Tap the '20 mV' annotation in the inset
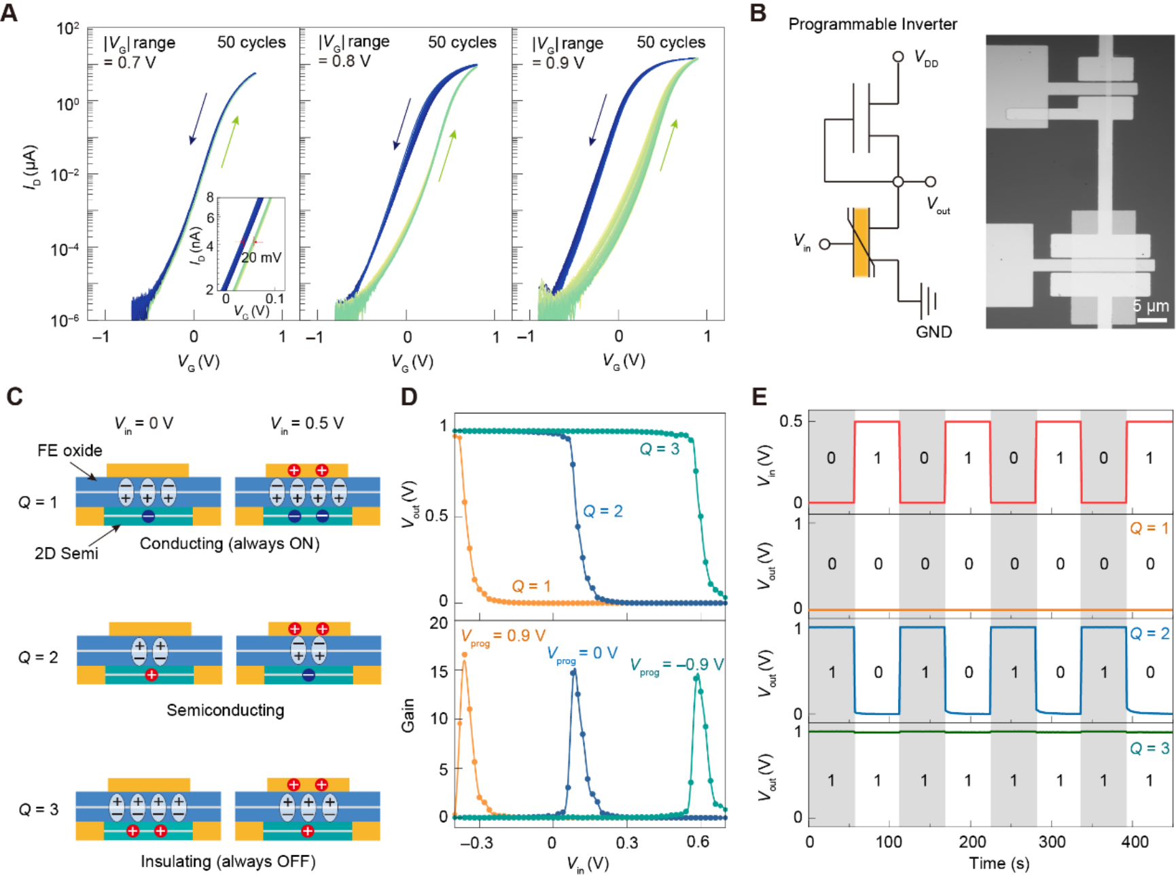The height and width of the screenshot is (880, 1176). point(262,258)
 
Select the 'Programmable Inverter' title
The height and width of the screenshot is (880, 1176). point(872,24)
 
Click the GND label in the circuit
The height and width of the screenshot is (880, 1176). point(933,332)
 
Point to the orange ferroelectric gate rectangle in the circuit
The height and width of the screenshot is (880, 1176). point(861,243)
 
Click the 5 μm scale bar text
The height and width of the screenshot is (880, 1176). point(1150,306)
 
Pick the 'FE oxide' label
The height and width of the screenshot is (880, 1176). point(69,451)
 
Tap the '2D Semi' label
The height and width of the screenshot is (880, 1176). point(67,554)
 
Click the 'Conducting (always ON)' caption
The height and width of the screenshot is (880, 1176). point(230,544)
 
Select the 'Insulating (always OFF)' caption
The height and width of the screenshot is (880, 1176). point(228,862)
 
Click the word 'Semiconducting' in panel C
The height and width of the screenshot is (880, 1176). point(225,710)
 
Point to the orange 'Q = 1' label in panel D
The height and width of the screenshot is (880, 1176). point(531,586)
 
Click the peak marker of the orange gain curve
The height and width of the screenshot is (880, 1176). point(465,655)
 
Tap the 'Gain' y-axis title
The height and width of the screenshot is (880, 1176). point(408,716)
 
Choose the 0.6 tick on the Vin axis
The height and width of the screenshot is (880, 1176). point(698,843)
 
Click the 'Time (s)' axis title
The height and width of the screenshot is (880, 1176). point(999,864)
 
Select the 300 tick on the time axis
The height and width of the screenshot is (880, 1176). point(1052,843)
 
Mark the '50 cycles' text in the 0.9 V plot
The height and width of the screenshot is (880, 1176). point(671,42)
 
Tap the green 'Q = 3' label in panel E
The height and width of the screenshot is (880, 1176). point(1150,748)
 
